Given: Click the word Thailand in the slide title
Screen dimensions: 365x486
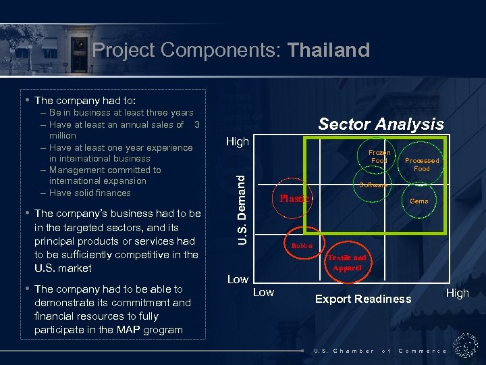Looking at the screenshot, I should tap(329, 50).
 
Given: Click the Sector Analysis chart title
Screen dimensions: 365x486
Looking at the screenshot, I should tap(381, 123).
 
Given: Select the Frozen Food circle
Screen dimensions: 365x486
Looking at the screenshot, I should tap(379, 157).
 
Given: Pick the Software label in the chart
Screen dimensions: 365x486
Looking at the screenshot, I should tap(373, 185).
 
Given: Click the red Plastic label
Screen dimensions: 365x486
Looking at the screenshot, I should tap(294, 199).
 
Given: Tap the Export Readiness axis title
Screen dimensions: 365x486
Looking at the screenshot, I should tap(363, 299).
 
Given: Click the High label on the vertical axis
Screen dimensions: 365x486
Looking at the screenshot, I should tap(237, 142).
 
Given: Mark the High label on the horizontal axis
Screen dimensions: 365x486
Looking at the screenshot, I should tap(457, 293).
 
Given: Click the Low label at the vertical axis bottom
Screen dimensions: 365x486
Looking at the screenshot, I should tap(237, 279).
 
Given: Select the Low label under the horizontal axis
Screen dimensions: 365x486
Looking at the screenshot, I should tap(263, 292).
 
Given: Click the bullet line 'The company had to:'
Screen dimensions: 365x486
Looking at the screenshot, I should tap(85, 100).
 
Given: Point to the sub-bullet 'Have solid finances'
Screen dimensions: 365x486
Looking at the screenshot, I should tap(90, 193).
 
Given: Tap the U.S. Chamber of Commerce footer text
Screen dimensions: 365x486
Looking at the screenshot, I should tap(380, 351).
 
